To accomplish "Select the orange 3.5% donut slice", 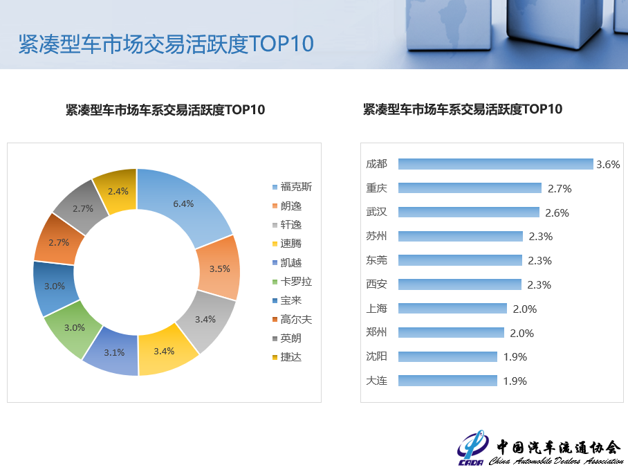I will pyautogui.click(x=218, y=269).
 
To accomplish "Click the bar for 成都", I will pyautogui.click(x=496, y=164).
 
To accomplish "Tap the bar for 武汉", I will pyautogui.click(x=469, y=212).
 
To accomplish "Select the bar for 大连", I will pyautogui.click(x=447, y=381).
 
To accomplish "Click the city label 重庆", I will pyautogui.click(x=376, y=188).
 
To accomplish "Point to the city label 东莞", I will pyautogui.click(x=376, y=260).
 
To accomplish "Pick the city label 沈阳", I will pyautogui.click(x=376, y=356).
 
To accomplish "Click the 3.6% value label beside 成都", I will pyautogui.click(x=608, y=165).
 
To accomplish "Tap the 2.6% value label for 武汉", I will pyautogui.click(x=557, y=213).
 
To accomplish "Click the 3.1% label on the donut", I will pyautogui.click(x=114, y=352).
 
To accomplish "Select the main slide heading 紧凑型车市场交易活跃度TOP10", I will pyautogui.click(x=166, y=44).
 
